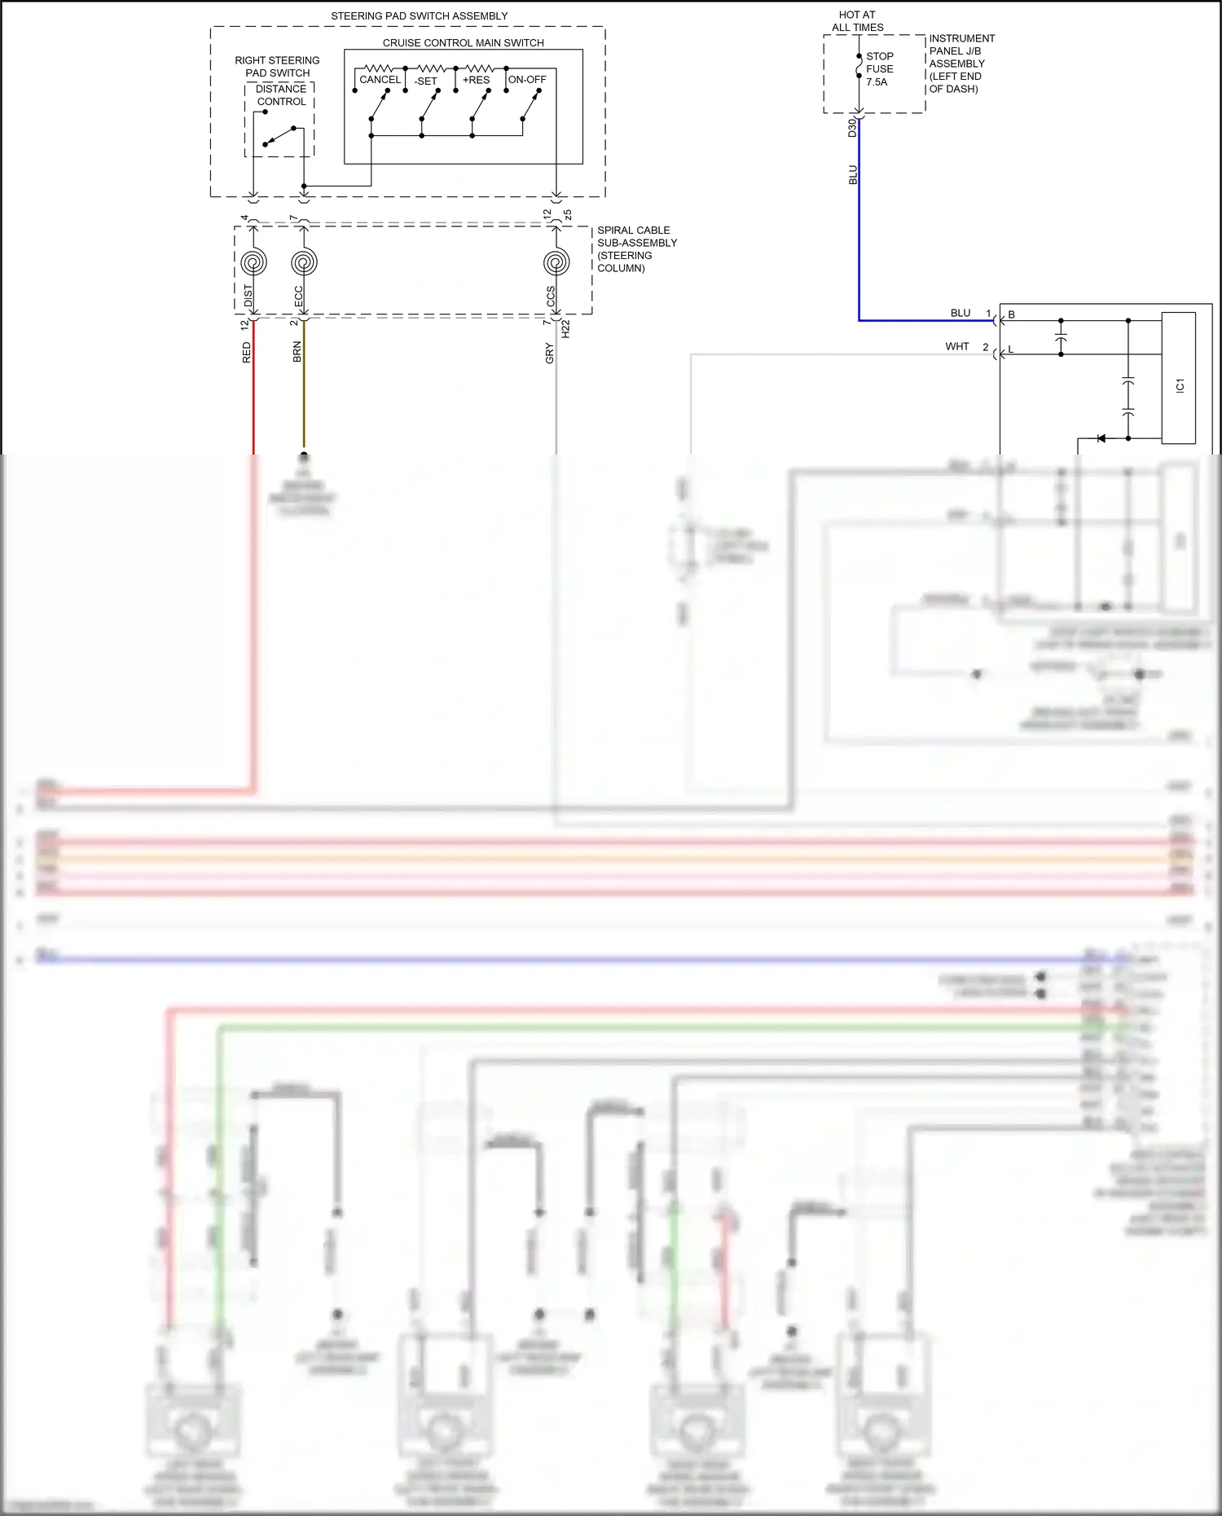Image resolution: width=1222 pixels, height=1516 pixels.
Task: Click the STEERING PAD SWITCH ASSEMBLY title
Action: (x=419, y=16)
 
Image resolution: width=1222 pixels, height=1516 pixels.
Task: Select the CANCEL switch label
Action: (x=380, y=80)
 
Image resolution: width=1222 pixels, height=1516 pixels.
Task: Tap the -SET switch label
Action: (x=425, y=81)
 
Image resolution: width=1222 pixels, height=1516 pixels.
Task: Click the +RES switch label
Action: (x=476, y=80)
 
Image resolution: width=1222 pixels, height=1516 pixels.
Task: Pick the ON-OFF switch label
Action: (x=527, y=80)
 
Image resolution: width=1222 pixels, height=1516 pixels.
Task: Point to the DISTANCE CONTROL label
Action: (x=281, y=95)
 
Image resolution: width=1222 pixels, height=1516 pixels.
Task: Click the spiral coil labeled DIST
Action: (x=253, y=263)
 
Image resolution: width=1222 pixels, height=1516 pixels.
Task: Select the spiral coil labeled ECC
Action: (x=304, y=263)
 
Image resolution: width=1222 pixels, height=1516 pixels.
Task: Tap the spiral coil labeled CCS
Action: (x=556, y=263)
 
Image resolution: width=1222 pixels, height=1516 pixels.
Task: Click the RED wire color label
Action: (x=247, y=353)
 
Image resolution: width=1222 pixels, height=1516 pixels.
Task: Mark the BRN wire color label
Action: (x=297, y=352)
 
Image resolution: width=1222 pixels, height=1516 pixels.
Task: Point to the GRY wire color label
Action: (x=550, y=354)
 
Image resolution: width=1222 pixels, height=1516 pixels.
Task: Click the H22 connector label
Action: (x=566, y=329)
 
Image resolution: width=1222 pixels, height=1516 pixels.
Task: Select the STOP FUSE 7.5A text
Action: (x=879, y=69)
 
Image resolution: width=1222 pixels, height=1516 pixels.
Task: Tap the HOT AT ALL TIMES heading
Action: (x=857, y=21)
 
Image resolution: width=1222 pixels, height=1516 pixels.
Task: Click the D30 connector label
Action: (x=852, y=127)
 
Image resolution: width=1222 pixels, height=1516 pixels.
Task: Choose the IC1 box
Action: (x=1179, y=379)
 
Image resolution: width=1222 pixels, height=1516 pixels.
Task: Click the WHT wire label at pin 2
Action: (x=956, y=347)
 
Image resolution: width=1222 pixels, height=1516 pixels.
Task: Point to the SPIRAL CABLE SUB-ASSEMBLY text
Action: (x=636, y=248)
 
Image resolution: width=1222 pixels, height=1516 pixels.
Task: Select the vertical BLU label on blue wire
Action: (x=853, y=175)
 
